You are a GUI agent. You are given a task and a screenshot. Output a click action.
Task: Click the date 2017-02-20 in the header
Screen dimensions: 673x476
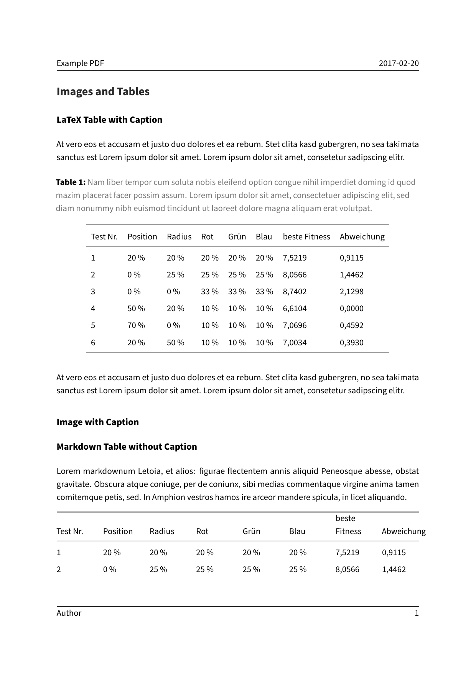coord(399,63)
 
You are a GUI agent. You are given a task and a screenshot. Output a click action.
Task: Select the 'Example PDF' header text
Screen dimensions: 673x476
coord(80,63)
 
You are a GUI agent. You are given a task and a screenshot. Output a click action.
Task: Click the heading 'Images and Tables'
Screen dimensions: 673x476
coord(103,92)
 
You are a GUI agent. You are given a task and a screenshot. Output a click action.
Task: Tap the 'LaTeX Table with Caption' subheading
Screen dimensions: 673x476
coord(109,120)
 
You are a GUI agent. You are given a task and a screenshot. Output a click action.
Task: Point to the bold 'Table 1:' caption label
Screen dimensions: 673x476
coord(71,182)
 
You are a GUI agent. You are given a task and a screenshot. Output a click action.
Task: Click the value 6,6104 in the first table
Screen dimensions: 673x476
coord(295,308)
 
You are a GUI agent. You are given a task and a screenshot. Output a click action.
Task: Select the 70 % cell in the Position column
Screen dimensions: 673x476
coord(136,325)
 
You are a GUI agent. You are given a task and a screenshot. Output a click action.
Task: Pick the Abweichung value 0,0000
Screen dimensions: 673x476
coord(351,308)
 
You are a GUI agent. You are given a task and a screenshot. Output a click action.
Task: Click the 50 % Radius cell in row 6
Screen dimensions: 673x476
coord(175,343)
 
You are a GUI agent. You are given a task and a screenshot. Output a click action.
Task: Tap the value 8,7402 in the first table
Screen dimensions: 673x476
coord(295,292)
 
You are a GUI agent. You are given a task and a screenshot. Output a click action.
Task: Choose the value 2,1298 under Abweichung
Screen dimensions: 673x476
coord(351,292)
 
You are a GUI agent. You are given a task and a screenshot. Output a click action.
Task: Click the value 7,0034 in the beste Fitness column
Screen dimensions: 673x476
coord(295,343)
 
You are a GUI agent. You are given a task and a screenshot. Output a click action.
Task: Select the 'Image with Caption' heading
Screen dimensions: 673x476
coord(97,422)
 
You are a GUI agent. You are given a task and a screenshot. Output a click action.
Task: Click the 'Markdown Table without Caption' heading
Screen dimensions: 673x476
coord(127,447)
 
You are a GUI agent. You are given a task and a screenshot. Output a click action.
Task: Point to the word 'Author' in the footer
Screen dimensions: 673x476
coord(69,613)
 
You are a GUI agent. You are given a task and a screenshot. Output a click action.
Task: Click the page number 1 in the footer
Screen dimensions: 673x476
coord(417,613)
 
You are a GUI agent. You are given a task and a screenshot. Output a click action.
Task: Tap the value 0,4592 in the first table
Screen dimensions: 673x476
coord(351,325)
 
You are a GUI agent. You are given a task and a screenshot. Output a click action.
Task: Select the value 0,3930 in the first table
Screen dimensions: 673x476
coord(351,343)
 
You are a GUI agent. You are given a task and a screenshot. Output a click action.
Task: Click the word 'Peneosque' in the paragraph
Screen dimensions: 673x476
coord(341,471)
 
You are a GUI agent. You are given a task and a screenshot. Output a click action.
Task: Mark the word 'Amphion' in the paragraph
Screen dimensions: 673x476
coord(167,497)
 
